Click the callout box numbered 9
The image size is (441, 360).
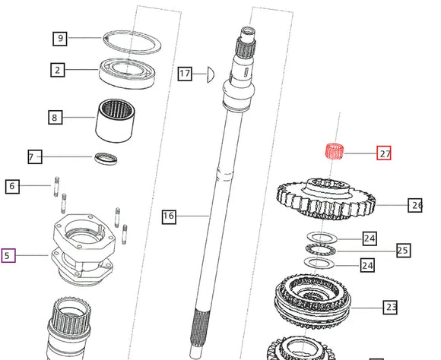coord(60,37)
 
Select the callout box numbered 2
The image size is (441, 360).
coord(57,71)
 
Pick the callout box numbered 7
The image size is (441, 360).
coord(35,157)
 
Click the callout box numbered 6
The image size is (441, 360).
coord(11,185)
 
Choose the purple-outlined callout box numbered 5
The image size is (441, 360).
coord(8,256)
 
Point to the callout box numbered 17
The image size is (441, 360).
coord(185,74)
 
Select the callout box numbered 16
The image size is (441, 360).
coord(169,216)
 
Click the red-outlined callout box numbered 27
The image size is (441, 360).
coord(385,153)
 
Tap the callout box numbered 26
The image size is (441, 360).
coord(416,205)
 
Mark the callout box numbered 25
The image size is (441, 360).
coord(402,250)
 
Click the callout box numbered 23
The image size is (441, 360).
coord(391,308)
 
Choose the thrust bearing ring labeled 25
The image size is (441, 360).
coord(326,249)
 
